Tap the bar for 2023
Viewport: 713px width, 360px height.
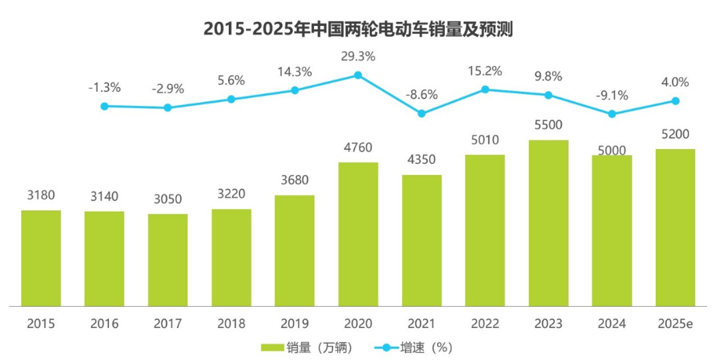pyautogui.click(x=549, y=223)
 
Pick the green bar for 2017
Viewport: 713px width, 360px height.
pyautogui.click(x=168, y=260)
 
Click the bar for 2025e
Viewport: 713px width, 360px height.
pyautogui.click(x=675, y=227)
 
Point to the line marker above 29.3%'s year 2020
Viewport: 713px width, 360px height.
pyautogui.click(x=358, y=75)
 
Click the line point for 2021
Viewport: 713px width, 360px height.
pyautogui.click(x=422, y=114)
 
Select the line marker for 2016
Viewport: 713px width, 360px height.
pyautogui.click(x=104, y=106)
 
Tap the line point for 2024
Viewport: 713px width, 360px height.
pyautogui.click(x=612, y=114)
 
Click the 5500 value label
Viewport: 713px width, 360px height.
pyautogui.click(x=549, y=125)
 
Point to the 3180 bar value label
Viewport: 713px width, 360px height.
pyautogui.click(x=41, y=196)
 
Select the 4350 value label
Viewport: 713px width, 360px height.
pyautogui.click(x=422, y=160)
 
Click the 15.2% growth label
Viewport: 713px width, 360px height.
pyautogui.click(x=485, y=71)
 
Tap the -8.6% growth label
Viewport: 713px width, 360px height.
pyautogui.click(x=422, y=95)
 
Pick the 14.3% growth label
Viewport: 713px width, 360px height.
pyautogui.click(x=295, y=73)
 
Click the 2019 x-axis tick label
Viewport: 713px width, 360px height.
pyautogui.click(x=295, y=324)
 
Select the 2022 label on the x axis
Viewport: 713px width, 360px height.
pyautogui.click(x=485, y=324)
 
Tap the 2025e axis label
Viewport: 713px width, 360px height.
pyautogui.click(x=675, y=324)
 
